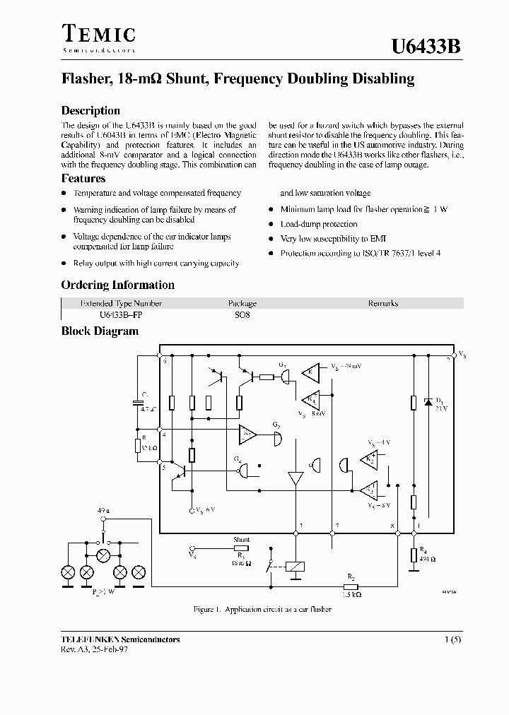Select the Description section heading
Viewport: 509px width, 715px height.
click(90, 110)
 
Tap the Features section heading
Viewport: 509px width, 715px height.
click(83, 179)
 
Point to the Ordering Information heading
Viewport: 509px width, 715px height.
click(117, 285)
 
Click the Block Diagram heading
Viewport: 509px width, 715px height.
click(100, 331)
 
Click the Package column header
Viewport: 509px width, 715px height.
click(242, 303)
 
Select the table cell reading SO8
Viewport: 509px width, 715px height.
click(242, 315)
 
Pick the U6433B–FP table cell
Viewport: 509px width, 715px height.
click(112, 315)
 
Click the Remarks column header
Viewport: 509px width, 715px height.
click(382, 303)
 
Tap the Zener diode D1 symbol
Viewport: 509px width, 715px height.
click(427, 402)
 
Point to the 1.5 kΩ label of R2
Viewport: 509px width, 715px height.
click(351, 595)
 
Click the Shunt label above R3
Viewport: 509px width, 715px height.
click(241, 540)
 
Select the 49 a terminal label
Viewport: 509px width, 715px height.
click(105, 509)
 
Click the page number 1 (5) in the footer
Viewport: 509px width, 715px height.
click(452, 639)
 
